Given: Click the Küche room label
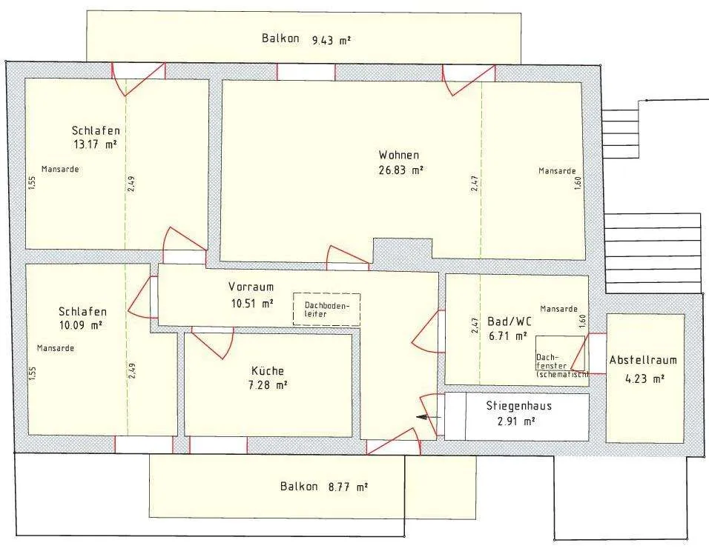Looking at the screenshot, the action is (x=268, y=371).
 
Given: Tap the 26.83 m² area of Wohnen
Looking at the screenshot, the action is (x=400, y=170).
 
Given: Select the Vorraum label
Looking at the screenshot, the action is (x=251, y=287).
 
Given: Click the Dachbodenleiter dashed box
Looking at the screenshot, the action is (x=326, y=310).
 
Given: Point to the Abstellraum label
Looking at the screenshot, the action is (x=643, y=360).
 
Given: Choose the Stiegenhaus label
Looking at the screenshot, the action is (x=518, y=406).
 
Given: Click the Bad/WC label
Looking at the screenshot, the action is (x=510, y=321).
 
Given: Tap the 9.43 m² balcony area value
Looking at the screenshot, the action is (x=332, y=41).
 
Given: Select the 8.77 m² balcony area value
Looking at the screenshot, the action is (x=348, y=487).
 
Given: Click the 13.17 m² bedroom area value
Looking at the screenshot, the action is (x=94, y=144).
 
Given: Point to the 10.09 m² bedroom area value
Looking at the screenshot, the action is (x=80, y=325).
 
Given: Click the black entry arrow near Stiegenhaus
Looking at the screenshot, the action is (x=428, y=417).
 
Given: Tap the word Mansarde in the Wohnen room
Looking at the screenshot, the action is (x=557, y=171).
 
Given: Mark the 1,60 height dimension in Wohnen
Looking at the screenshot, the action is (x=578, y=183).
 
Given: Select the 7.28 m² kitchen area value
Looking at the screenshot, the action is (x=268, y=385).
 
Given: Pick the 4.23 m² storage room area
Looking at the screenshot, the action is (x=644, y=378).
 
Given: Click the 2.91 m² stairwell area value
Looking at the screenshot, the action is (x=516, y=421).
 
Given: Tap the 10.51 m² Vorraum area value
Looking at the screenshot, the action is (x=252, y=303).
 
